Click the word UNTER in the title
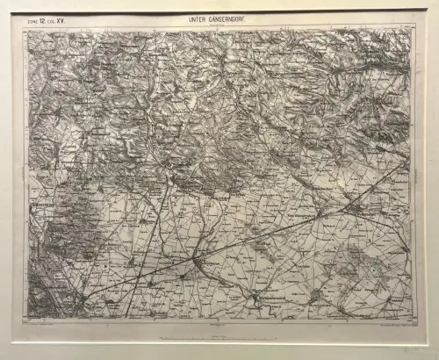(195, 18)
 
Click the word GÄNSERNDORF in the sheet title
(230, 18)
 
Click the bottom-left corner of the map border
(25, 321)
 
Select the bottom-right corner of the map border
(414, 320)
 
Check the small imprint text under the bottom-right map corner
(391, 326)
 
